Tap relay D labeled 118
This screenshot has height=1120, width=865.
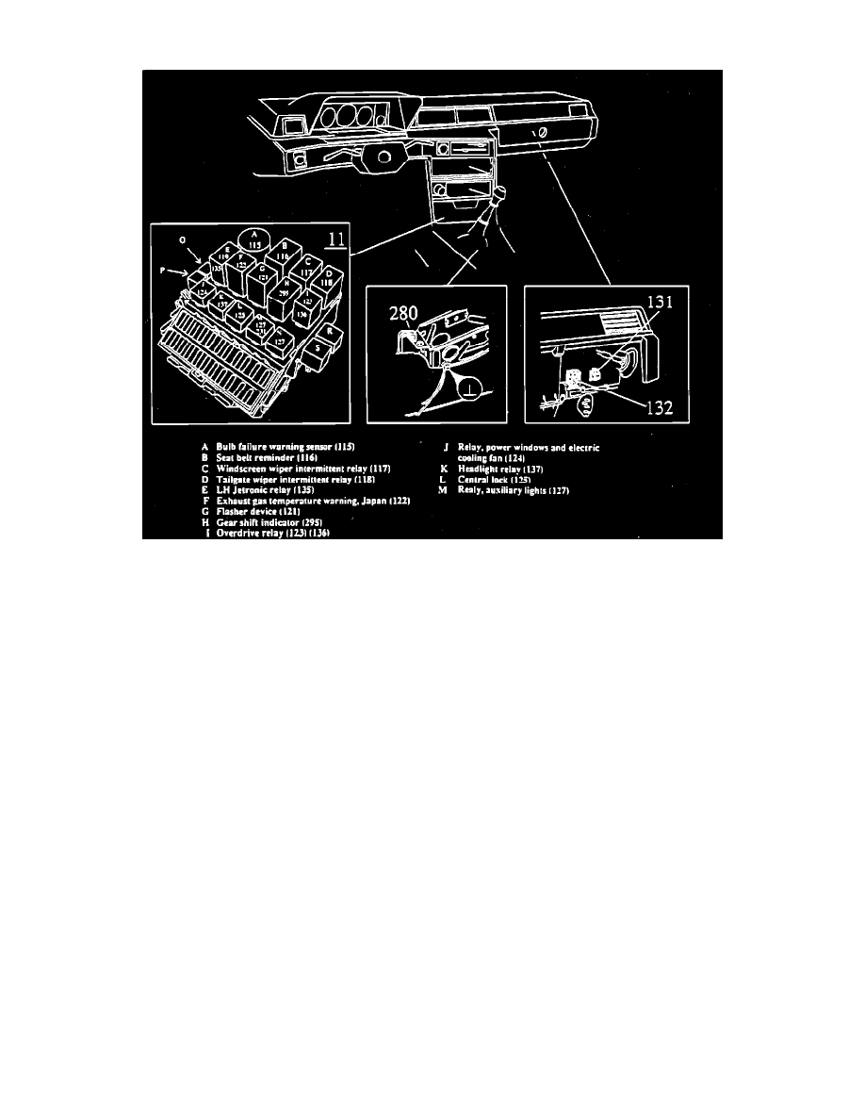[x=329, y=277]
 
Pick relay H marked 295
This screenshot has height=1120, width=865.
[x=286, y=291]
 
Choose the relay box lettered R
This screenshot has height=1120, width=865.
[x=329, y=331]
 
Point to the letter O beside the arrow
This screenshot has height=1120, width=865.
[x=182, y=239]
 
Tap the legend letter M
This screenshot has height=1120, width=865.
[x=443, y=490]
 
